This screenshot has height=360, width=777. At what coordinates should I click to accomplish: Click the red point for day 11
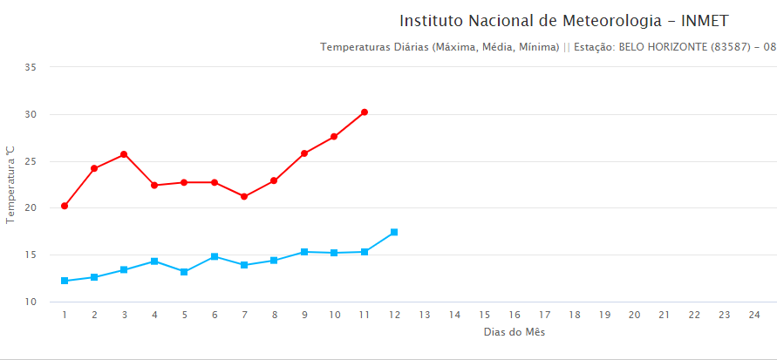365,112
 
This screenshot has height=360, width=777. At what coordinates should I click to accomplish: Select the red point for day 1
65,206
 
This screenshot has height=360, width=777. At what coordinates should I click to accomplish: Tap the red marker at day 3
124,154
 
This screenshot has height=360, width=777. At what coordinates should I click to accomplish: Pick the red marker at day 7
244,196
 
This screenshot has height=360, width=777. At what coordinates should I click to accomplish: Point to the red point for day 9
304,153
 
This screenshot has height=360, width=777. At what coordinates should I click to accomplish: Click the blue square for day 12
394,232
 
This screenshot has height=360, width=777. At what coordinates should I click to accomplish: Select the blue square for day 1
65,281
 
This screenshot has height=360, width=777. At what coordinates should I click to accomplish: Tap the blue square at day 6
215,256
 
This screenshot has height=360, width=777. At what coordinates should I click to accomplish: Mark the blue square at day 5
184,272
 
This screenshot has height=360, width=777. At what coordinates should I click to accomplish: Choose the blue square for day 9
304,252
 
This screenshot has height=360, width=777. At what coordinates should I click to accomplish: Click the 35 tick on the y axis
31,67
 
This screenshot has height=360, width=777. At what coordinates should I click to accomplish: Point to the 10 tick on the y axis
31,302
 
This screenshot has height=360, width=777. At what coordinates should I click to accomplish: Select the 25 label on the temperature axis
31,161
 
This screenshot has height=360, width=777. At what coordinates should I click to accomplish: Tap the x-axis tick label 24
754,315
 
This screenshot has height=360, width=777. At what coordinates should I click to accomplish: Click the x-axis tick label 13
425,315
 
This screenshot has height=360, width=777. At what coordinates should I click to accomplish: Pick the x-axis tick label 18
575,315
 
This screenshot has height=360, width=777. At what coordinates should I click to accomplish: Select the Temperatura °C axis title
10,185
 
